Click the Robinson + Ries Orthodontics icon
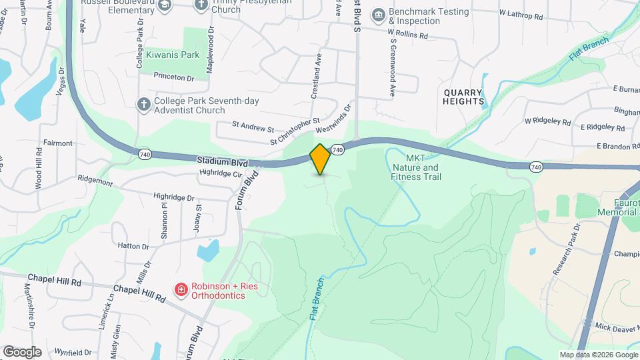pos(180,289)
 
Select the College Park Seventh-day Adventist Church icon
pos(143,104)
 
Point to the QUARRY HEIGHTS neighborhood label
pos(463,96)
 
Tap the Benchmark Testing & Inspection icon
pos(379,15)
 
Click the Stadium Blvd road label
pos(222,162)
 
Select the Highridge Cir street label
pos(219,173)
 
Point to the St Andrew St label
pos(253,125)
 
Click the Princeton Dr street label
pos(173,77)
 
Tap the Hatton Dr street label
pos(133,246)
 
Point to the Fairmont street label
pos(58,143)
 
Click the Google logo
pos(22,351)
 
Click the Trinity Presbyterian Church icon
pos(201,5)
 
